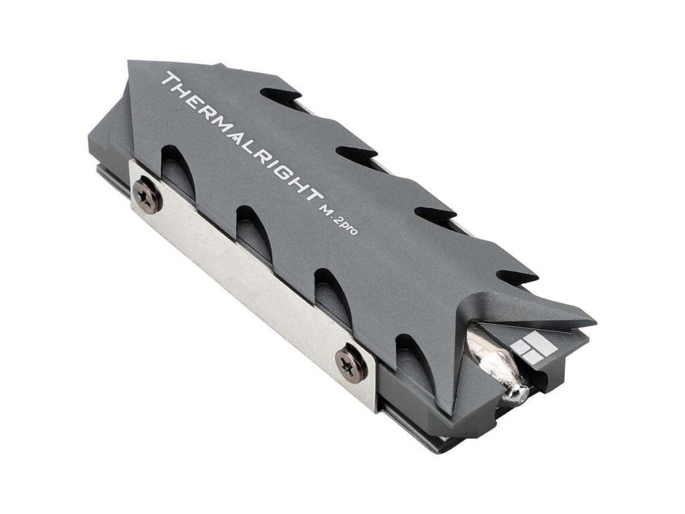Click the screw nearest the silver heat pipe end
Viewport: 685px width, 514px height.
point(349,362)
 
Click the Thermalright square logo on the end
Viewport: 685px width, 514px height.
point(534,349)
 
